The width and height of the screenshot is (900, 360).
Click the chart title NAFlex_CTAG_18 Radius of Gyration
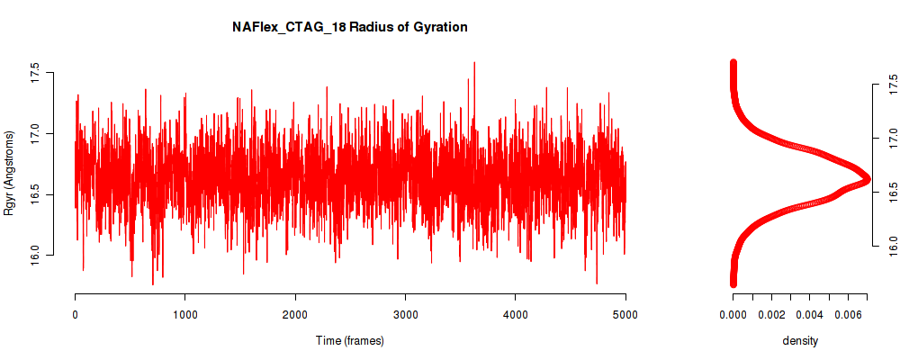coord(349,27)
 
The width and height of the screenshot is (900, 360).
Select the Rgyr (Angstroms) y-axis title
coord(8,172)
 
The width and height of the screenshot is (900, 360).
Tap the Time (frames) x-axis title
coord(349,340)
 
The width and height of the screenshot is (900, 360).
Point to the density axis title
coord(800,340)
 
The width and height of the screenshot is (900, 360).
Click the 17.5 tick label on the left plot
coord(34,74)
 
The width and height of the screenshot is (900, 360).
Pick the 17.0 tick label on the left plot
coord(34,134)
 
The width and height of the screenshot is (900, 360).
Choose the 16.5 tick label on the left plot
coord(34,194)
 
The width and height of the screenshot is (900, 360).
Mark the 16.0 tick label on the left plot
coord(34,255)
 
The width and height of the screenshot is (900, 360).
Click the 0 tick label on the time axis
coord(76,314)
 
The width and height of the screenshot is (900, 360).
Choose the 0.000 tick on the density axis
coord(733,314)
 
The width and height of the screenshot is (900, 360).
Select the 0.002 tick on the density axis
coord(771,314)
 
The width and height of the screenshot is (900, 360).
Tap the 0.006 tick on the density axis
coord(848,314)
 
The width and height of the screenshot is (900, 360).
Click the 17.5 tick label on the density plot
coord(891,84)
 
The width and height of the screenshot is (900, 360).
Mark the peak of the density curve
coord(868,179)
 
